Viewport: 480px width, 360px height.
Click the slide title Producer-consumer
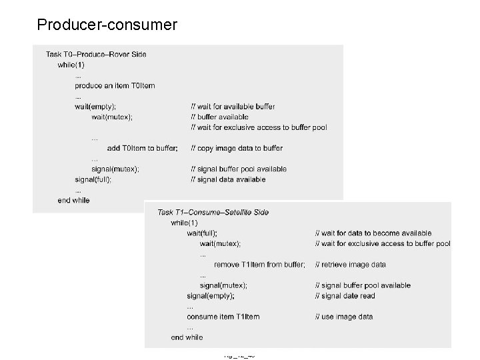[x=107, y=25]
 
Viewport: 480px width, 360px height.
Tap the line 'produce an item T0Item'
[x=115, y=85]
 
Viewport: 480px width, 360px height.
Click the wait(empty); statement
[x=95, y=107]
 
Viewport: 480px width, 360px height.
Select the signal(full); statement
[x=93, y=179]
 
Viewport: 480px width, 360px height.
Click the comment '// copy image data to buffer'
[x=237, y=148]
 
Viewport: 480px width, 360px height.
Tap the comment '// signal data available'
[x=228, y=179]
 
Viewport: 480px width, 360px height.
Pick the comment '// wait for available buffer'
[x=233, y=107]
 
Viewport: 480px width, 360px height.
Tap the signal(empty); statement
[x=211, y=295]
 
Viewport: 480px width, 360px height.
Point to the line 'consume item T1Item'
[x=223, y=316]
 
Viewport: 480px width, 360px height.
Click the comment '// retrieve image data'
[x=351, y=265]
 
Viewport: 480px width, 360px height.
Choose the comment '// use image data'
[x=344, y=316]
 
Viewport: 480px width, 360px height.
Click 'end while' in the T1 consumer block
[x=187, y=337]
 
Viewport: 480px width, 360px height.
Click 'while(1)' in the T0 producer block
[x=71, y=65]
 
